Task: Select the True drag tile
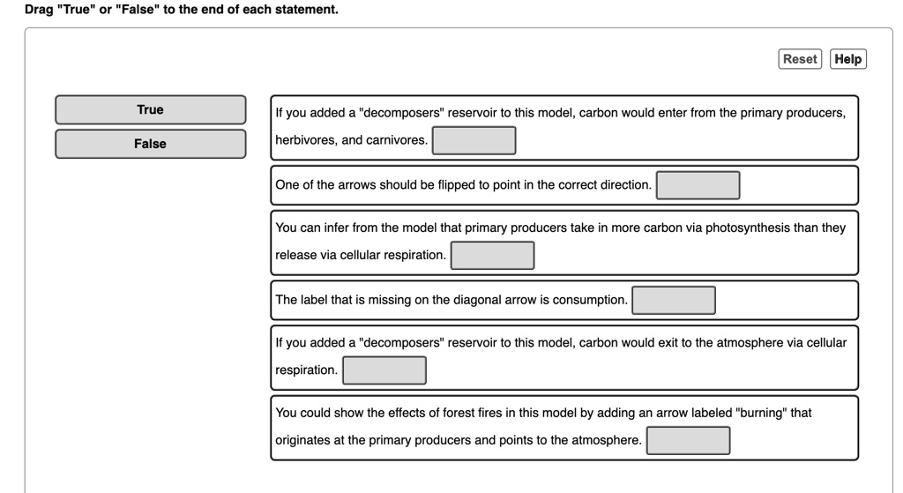tap(150, 109)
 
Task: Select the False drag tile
tap(150, 144)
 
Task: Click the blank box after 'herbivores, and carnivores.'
tap(474, 140)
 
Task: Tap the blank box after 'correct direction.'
tap(698, 185)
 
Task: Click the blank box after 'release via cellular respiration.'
tap(492, 255)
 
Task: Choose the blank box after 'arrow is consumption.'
tap(673, 300)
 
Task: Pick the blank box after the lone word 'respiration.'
tap(384, 370)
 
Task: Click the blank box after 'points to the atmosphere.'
tap(688, 440)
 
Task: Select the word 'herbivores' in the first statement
tap(304, 140)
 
